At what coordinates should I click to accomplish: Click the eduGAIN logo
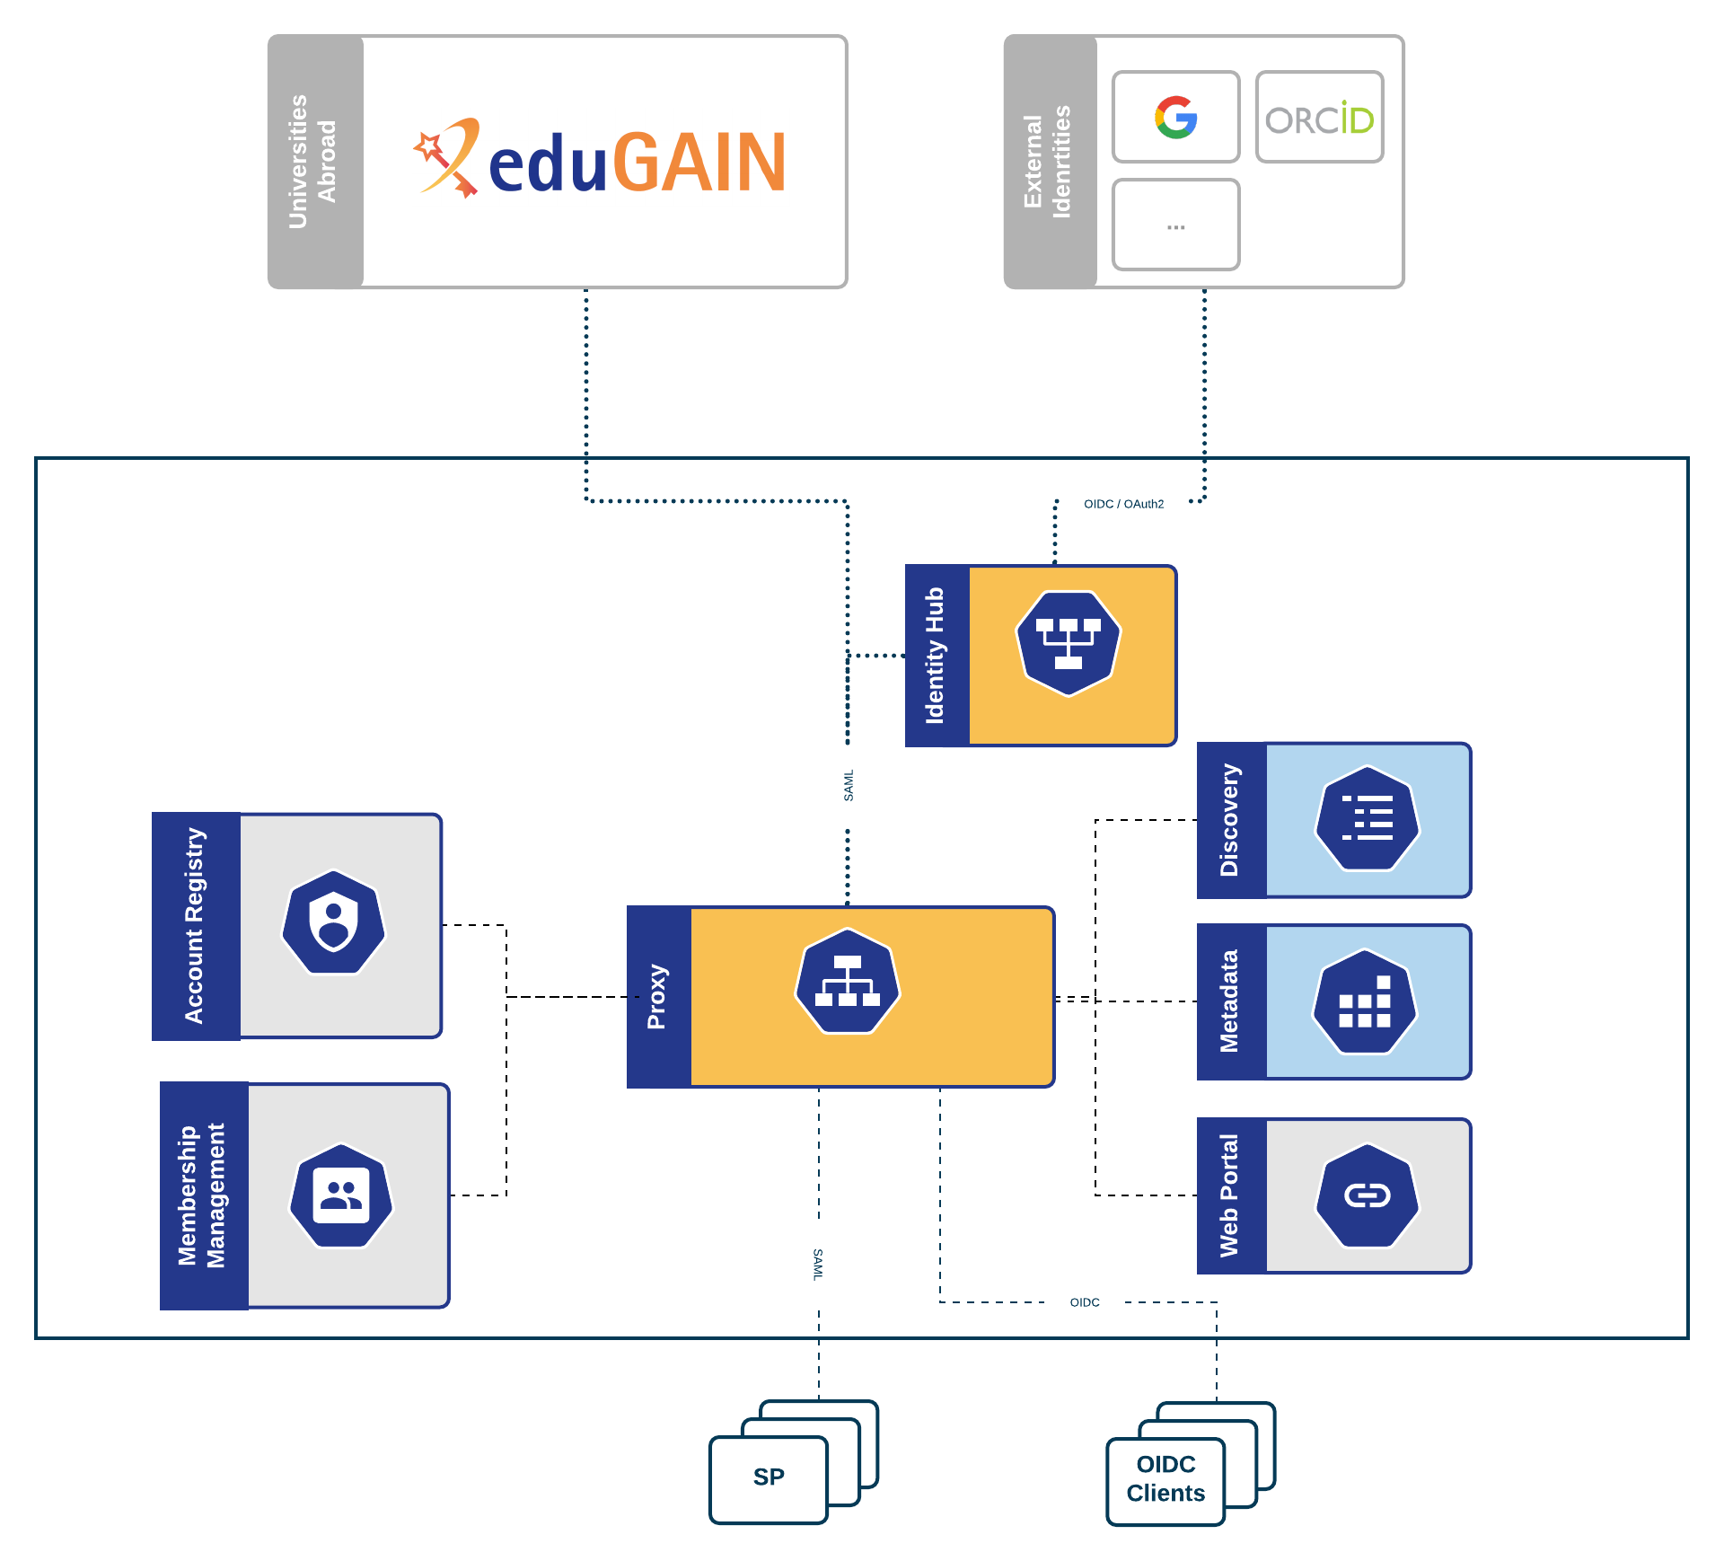coord(600,162)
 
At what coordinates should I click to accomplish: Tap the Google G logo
coord(1175,118)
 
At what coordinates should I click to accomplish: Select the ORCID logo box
coord(1319,118)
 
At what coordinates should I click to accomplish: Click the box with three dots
coord(1175,225)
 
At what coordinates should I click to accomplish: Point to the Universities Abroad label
coord(312,162)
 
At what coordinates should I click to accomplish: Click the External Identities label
coord(1048,162)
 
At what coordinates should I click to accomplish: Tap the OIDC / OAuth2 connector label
coord(1123,504)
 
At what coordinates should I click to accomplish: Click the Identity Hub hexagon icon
coord(1069,643)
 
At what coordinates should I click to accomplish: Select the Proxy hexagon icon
coord(848,981)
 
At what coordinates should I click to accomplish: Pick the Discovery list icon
coord(1367,818)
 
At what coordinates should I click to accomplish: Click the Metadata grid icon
coord(1365,1001)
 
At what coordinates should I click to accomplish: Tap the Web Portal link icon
coord(1367,1195)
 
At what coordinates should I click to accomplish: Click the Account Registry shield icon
coord(334,922)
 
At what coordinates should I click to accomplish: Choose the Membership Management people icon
coord(341,1195)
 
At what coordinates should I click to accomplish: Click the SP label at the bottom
coord(769,1477)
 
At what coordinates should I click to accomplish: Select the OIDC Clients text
coord(1165,1479)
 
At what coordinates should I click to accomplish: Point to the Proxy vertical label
coord(657,997)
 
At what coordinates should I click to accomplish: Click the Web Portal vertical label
coord(1229,1195)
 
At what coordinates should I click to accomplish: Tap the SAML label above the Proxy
coord(849,786)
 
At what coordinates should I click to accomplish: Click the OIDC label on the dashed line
coord(1085,1302)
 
